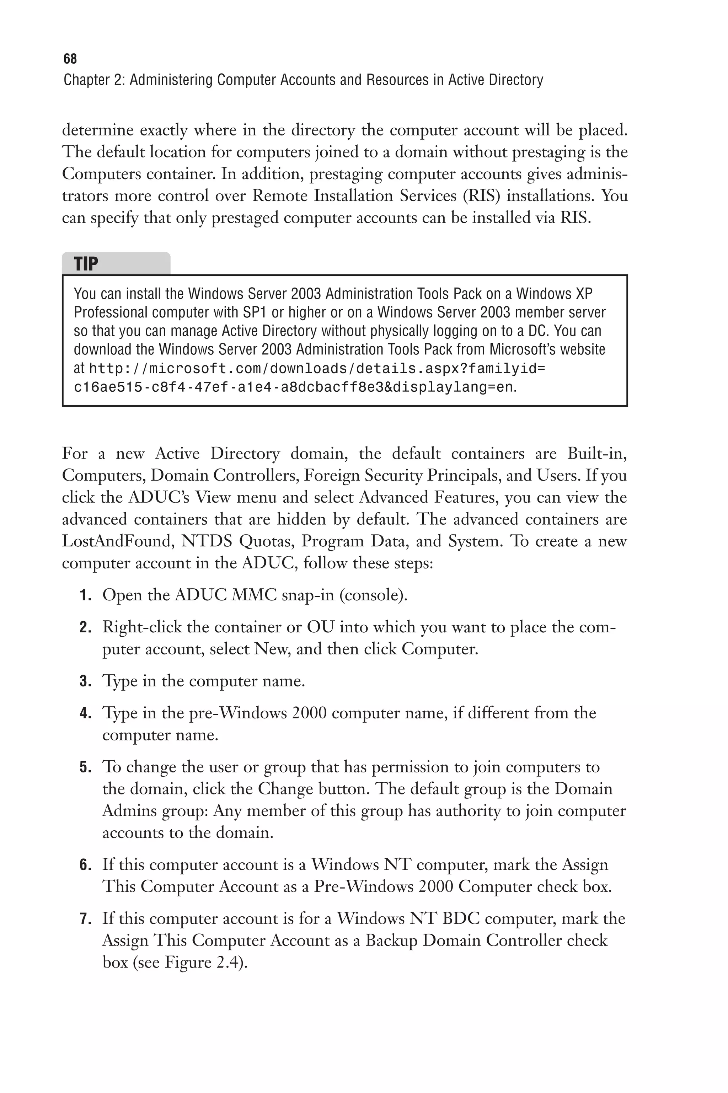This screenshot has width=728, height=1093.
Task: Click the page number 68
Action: coord(70,59)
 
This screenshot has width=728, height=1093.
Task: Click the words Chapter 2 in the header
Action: coord(93,80)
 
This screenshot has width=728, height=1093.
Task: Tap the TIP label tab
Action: coord(86,264)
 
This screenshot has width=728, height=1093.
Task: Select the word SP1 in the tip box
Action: coord(256,312)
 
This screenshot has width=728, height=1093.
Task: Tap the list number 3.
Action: coord(85,681)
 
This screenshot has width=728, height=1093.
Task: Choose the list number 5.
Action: coord(85,767)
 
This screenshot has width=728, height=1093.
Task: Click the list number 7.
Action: coord(85,918)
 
